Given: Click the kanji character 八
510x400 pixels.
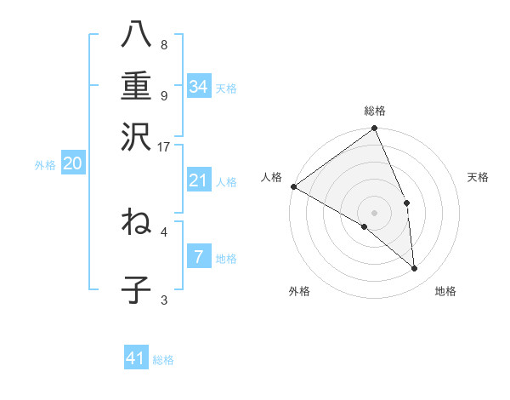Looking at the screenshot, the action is pyautogui.click(x=136, y=34).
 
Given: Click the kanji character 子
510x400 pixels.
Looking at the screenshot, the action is pyautogui.click(x=136, y=289).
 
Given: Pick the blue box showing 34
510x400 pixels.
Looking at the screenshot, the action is pyautogui.click(x=199, y=86).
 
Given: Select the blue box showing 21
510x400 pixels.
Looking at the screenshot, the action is pyautogui.click(x=199, y=180).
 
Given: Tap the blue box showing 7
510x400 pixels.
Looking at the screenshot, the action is pyautogui.click(x=199, y=256).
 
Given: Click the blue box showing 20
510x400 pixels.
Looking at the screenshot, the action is pyautogui.click(x=72, y=164).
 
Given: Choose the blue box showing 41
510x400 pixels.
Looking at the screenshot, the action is pyautogui.click(x=136, y=358).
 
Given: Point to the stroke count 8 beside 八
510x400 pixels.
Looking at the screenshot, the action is pyautogui.click(x=164, y=45).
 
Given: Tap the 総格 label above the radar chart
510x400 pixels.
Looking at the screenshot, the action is pyautogui.click(x=375, y=111).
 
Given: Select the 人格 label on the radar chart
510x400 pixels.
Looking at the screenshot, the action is pyautogui.click(x=272, y=177).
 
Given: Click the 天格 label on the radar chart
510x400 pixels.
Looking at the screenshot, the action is pyautogui.click(x=479, y=177).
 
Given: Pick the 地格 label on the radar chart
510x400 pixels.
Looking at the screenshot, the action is pyautogui.click(x=445, y=291).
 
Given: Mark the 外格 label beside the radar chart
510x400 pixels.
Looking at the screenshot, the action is pyautogui.click(x=299, y=291).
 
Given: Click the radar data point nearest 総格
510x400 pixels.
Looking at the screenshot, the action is pyautogui.click(x=375, y=129).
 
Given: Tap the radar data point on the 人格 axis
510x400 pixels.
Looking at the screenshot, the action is pyautogui.click(x=293, y=186).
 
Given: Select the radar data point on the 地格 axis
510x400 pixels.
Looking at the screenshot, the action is pyautogui.click(x=415, y=269).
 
